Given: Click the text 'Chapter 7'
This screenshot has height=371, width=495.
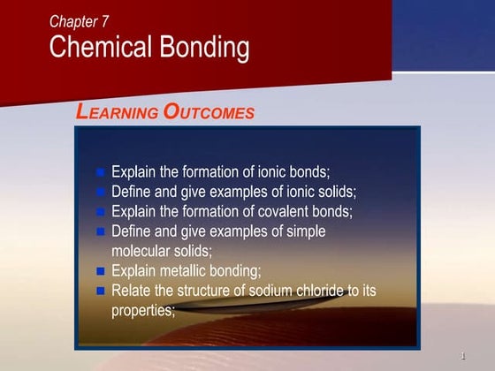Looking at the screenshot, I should (80, 21).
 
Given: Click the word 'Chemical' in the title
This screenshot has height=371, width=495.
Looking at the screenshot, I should (99, 48).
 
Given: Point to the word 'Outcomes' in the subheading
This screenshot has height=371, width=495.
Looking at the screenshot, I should (209, 112).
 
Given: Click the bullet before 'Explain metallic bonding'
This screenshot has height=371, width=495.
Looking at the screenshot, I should (100, 271).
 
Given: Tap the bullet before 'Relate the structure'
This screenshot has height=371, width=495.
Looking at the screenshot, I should (100, 291).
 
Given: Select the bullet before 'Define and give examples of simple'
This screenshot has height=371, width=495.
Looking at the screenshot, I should (100, 231).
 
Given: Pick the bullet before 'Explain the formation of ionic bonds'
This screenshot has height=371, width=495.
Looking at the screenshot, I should (100, 172).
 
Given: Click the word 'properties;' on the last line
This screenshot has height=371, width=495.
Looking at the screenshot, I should (143, 310).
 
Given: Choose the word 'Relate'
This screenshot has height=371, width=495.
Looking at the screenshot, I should (132, 290).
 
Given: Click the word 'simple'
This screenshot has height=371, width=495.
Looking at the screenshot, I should (304, 231).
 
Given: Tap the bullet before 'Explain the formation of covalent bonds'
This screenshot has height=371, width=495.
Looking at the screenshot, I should (100, 212).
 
